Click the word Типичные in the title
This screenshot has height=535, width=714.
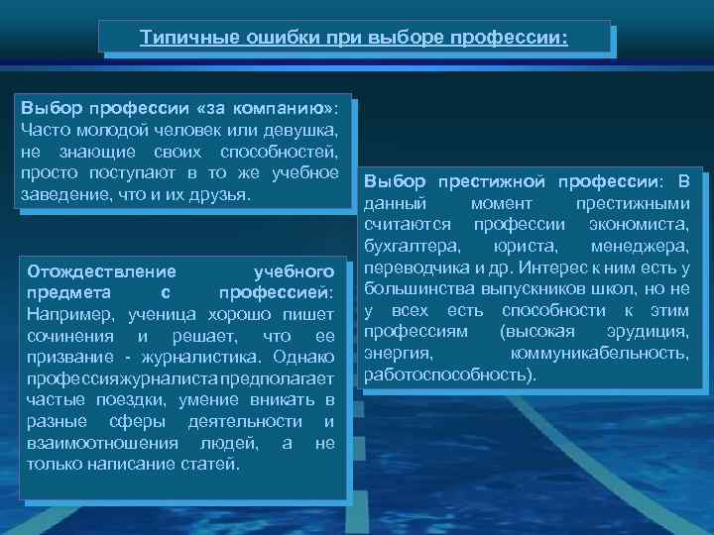[x=178, y=38]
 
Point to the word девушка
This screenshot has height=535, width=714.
[x=304, y=130]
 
